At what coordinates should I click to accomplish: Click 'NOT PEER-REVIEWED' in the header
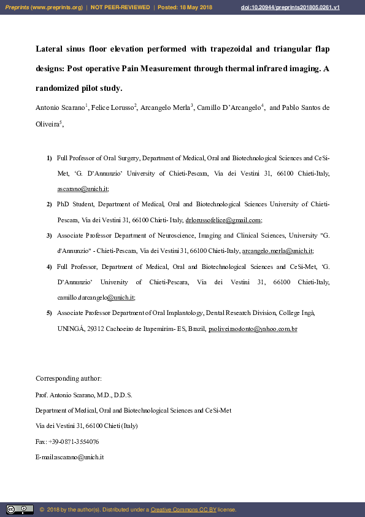point(120,7)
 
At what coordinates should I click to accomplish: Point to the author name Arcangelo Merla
point(165,107)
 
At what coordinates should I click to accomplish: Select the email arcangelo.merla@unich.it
point(277,251)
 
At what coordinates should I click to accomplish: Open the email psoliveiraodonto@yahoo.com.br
point(253,329)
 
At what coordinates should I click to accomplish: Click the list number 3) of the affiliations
point(49,235)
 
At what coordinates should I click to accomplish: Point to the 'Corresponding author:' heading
point(69,378)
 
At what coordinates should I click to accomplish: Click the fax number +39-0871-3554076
point(74,441)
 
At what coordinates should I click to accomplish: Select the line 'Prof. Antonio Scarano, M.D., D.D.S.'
point(83,394)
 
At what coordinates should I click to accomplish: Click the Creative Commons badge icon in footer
point(20,509)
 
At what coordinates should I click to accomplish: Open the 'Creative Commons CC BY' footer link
point(183,510)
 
